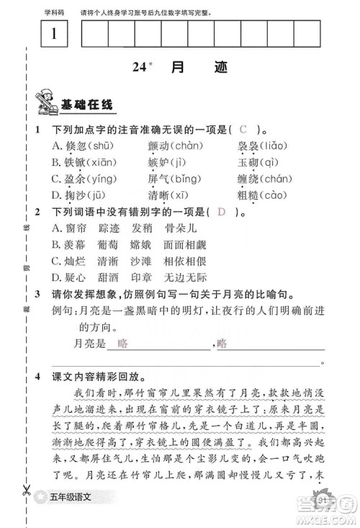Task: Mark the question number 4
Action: click(x=39, y=377)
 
